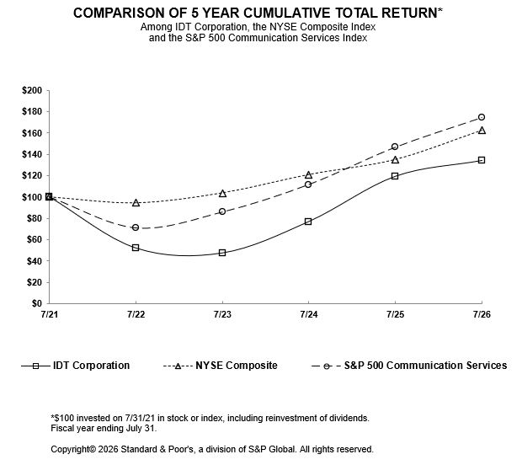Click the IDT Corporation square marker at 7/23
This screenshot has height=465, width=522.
click(222, 253)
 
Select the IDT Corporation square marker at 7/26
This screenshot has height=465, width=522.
click(482, 160)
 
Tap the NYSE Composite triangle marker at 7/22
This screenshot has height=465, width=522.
click(136, 202)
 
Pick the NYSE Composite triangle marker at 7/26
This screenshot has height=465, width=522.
click(482, 131)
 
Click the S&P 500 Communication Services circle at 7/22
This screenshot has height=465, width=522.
click(136, 227)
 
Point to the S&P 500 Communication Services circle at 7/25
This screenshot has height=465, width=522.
click(395, 147)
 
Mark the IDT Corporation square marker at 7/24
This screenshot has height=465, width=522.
click(308, 222)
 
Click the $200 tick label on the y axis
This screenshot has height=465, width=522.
click(32, 91)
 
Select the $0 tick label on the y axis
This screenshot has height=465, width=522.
click(37, 303)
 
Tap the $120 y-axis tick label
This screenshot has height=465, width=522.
click(32, 175)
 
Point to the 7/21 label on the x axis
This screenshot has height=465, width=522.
click(50, 314)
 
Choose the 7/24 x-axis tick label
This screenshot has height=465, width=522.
click(309, 314)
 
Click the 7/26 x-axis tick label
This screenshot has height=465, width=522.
click(482, 314)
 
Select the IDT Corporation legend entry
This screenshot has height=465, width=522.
click(75, 366)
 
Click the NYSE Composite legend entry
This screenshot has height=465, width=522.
click(220, 366)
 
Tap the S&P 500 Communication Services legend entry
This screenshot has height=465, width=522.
click(409, 366)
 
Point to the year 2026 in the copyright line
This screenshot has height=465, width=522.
click(109, 449)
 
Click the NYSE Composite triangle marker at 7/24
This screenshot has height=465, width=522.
click(308, 174)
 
